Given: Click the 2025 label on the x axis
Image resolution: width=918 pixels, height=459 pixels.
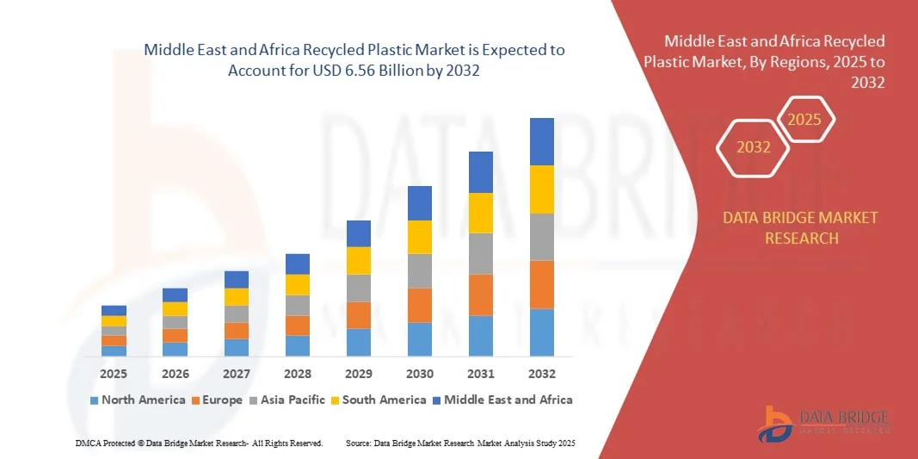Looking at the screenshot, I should tap(114, 374).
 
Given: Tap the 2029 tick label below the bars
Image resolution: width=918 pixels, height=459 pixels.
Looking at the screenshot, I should tap(359, 374).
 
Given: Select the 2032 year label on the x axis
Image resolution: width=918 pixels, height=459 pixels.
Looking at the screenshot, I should tap(542, 374).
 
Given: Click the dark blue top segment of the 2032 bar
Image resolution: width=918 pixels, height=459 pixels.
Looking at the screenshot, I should tap(542, 141).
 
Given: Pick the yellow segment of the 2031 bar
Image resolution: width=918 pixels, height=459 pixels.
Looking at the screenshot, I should tap(481, 213).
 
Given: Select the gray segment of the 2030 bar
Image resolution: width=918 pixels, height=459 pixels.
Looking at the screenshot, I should tap(420, 270).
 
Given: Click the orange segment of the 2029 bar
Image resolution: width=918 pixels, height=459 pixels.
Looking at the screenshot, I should tap(359, 315).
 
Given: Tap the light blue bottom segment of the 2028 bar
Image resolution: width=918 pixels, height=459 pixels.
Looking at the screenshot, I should tap(298, 345).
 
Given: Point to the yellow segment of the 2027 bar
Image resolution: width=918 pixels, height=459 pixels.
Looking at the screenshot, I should tap(237, 297).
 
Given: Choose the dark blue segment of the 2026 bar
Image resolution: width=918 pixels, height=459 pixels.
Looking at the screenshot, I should tap(175, 295).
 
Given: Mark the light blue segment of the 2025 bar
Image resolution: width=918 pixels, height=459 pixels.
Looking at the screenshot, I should tap(114, 350).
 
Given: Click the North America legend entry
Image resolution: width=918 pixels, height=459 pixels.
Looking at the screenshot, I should tap(138, 400).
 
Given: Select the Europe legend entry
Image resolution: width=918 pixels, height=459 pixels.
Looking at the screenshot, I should tap(219, 400).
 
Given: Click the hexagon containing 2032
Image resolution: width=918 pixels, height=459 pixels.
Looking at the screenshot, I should tap(754, 147).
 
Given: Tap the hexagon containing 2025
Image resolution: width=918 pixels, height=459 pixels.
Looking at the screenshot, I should tap(805, 120).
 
